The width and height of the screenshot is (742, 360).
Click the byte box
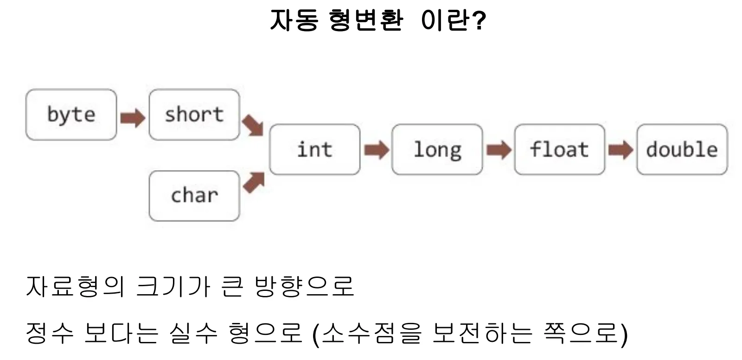[x=71, y=115]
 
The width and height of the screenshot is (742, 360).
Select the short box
[x=194, y=115]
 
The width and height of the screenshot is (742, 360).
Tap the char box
[x=194, y=196]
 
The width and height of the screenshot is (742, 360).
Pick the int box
[x=315, y=149]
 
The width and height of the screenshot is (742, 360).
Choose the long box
[x=437, y=149]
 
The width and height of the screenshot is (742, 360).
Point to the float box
[x=560, y=149]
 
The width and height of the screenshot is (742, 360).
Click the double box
[x=682, y=149]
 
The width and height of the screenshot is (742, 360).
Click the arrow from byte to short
[x=133, y=118]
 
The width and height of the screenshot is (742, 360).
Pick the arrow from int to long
[x=377, y=150]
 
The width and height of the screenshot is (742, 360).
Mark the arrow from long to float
[x=499, y=150]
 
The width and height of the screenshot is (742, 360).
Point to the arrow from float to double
[x=621, y=150]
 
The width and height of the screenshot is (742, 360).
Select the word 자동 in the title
[x=294, y=20]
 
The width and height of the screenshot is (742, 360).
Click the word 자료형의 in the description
[x=76, y=286]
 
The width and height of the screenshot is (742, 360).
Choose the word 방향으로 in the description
[x=305, y=286]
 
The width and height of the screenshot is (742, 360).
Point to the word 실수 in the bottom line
[x=193, y=333]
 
